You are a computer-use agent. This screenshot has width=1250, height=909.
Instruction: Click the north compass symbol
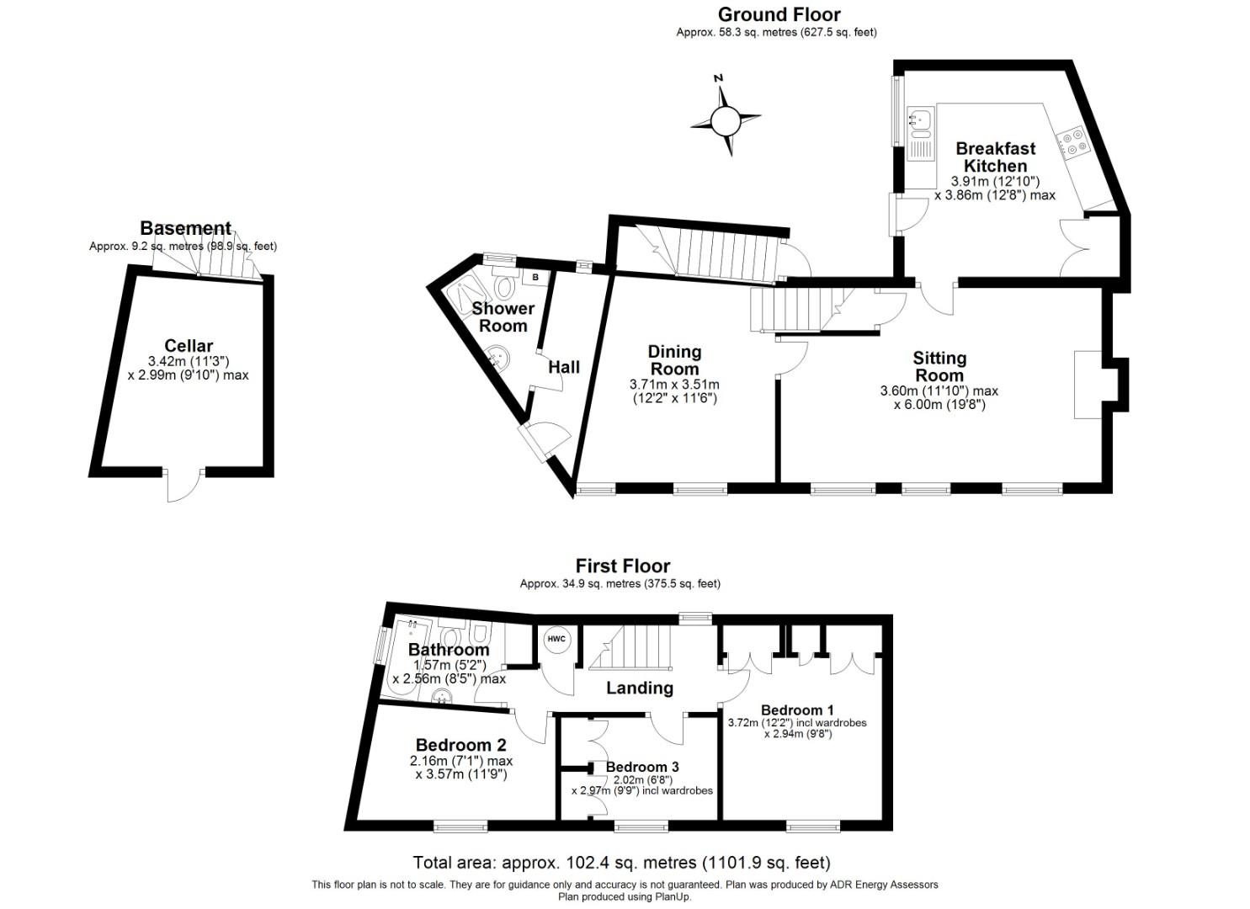coord(724,120)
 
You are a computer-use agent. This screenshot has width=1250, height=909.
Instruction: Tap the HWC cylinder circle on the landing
coord(556,640)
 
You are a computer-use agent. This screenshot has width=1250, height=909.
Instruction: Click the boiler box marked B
coord(535,276)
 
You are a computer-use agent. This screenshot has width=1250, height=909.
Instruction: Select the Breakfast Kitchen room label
coord(995,157)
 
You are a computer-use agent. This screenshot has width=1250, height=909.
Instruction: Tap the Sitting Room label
coord(939,367)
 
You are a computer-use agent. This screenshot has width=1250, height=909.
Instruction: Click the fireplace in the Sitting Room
coord(1088,384)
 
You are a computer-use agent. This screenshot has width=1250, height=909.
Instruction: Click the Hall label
coord(564,367)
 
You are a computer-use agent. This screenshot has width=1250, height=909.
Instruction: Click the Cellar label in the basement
coord(189,345)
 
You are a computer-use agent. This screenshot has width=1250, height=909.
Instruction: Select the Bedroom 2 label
coord(460,745)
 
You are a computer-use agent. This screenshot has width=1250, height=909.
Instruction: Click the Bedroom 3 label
coord(642,767)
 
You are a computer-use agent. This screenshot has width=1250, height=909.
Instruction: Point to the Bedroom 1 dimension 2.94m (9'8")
coord(797,734)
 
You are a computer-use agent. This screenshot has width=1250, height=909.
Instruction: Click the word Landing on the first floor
coord(640,688)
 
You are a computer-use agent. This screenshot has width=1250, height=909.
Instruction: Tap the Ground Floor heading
coord(779,14)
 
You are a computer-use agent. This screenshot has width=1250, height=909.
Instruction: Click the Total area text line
coord(621,863)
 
